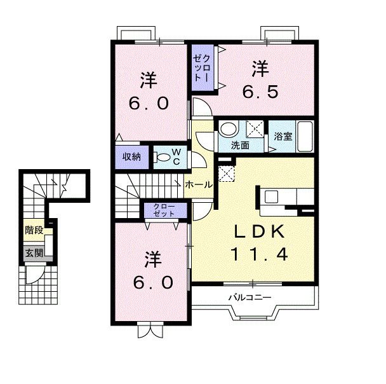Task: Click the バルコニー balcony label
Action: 251,297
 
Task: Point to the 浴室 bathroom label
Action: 283,135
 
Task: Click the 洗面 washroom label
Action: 240,146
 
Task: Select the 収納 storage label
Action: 132,157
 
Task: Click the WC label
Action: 177,156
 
